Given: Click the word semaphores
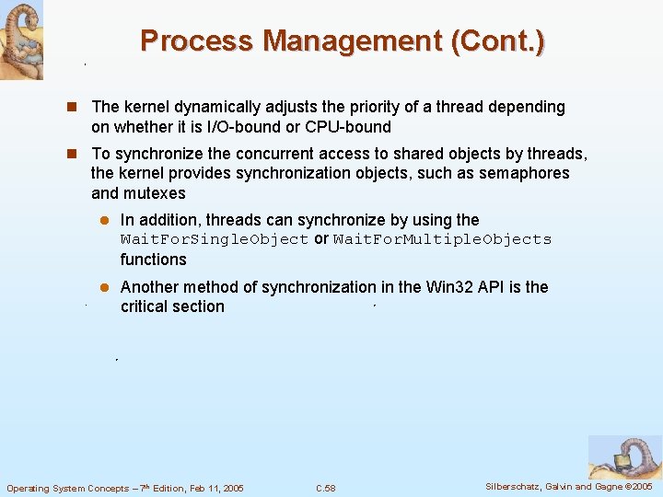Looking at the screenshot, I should point(527,173).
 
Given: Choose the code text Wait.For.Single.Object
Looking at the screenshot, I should point(215,239).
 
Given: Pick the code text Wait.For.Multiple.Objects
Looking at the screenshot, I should point(442,239).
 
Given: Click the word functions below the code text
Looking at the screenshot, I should point(153,260).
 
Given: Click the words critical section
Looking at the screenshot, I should point(172,306).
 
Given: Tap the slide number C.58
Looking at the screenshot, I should point(325,488).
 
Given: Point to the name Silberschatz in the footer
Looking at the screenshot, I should point(518,486).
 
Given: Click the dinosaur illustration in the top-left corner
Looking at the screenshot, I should point(21,40).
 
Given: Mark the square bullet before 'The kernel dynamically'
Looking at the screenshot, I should point(77,108).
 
